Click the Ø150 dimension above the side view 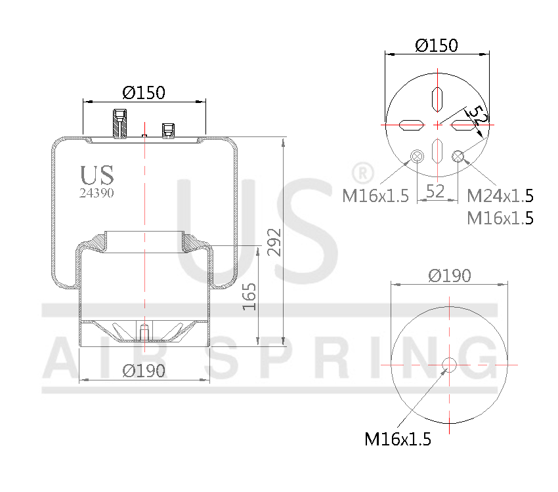pyautogui.click(x=144, y=92)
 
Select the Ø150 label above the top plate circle pyautogui.click(x=437, y=45)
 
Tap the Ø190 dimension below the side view pyautogui.click(x=144, y=371)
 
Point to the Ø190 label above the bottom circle pyautogui.click(x=450, y=276)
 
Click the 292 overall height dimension pyautogui.click(x=274, y=243)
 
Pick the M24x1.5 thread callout pyautogui.click(x=500, y=195)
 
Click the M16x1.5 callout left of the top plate pyautogui.click(x=376, y=195)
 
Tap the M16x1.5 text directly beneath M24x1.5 pyautogui.click(x=500, y=218)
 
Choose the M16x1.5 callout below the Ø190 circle pyautogui.click(x=398, y=440)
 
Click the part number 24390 pyautogui.click(x=97, y=193)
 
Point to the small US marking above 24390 pyautogui.click(x=97, y=175)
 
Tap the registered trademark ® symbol pyautogui.click(x=362, y=173)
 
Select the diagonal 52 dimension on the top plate pyautogui.click(x=480, y=117)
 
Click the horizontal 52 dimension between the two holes pyautogui.click(x=436, y=191)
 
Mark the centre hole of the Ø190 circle pyautogui.click(x=449, y=365)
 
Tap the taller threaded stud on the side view pyautogui.click(x=120, y=123)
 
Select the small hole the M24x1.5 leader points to pyautogui.click(x=458, y=155)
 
